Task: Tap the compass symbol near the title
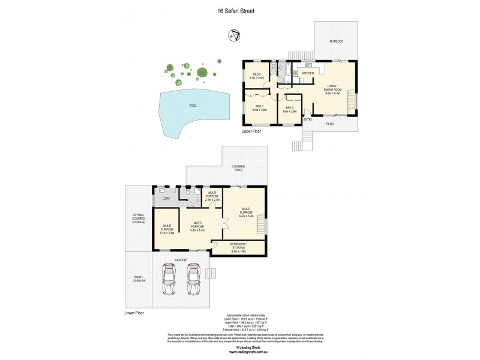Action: [233, 37]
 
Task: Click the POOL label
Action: [193, 106]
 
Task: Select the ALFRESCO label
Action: [335, 41]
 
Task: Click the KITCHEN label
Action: [308, 73]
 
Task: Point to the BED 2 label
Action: [257, 76]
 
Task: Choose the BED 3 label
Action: [289, 110]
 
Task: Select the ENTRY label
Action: [308, 119]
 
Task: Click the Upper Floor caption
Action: [253, 131]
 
